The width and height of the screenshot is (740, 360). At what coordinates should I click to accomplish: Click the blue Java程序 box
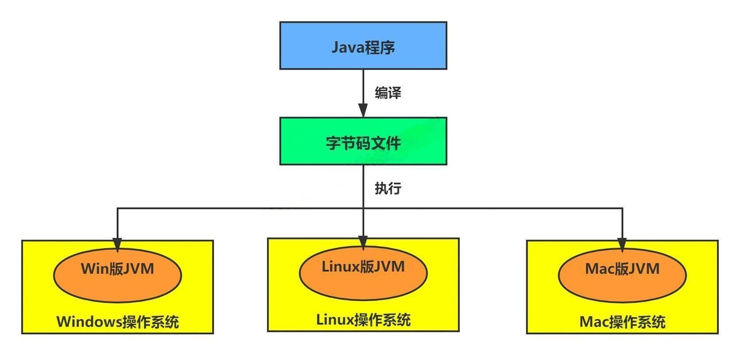click(x=363, y=46)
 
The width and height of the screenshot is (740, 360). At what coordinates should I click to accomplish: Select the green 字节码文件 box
click(x=363, y=142)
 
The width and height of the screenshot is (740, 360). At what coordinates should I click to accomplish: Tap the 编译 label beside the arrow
click(x=388, y=93)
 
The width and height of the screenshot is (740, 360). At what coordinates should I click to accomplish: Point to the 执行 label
click(x=388, y=188)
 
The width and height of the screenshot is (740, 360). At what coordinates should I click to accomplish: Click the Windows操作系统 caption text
click(x=118, y=322)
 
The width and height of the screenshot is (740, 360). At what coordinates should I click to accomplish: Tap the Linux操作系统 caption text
click(x=363, y=319)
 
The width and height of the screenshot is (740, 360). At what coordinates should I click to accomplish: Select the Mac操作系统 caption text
click(x=622, y=322)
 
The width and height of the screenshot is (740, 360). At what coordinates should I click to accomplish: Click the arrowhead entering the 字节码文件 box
click(x=363, y=111)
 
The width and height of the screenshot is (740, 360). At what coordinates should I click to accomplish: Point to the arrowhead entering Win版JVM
click(x=117, y=245)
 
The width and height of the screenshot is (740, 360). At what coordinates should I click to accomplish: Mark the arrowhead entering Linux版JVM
click(x=363, y=242)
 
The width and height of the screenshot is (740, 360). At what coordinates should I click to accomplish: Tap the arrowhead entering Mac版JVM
click(x=622, y=245)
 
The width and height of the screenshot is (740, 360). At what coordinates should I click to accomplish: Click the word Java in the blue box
click(x=347, y=47)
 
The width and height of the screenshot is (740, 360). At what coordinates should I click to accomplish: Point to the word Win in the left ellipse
click(x=93, y=268)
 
